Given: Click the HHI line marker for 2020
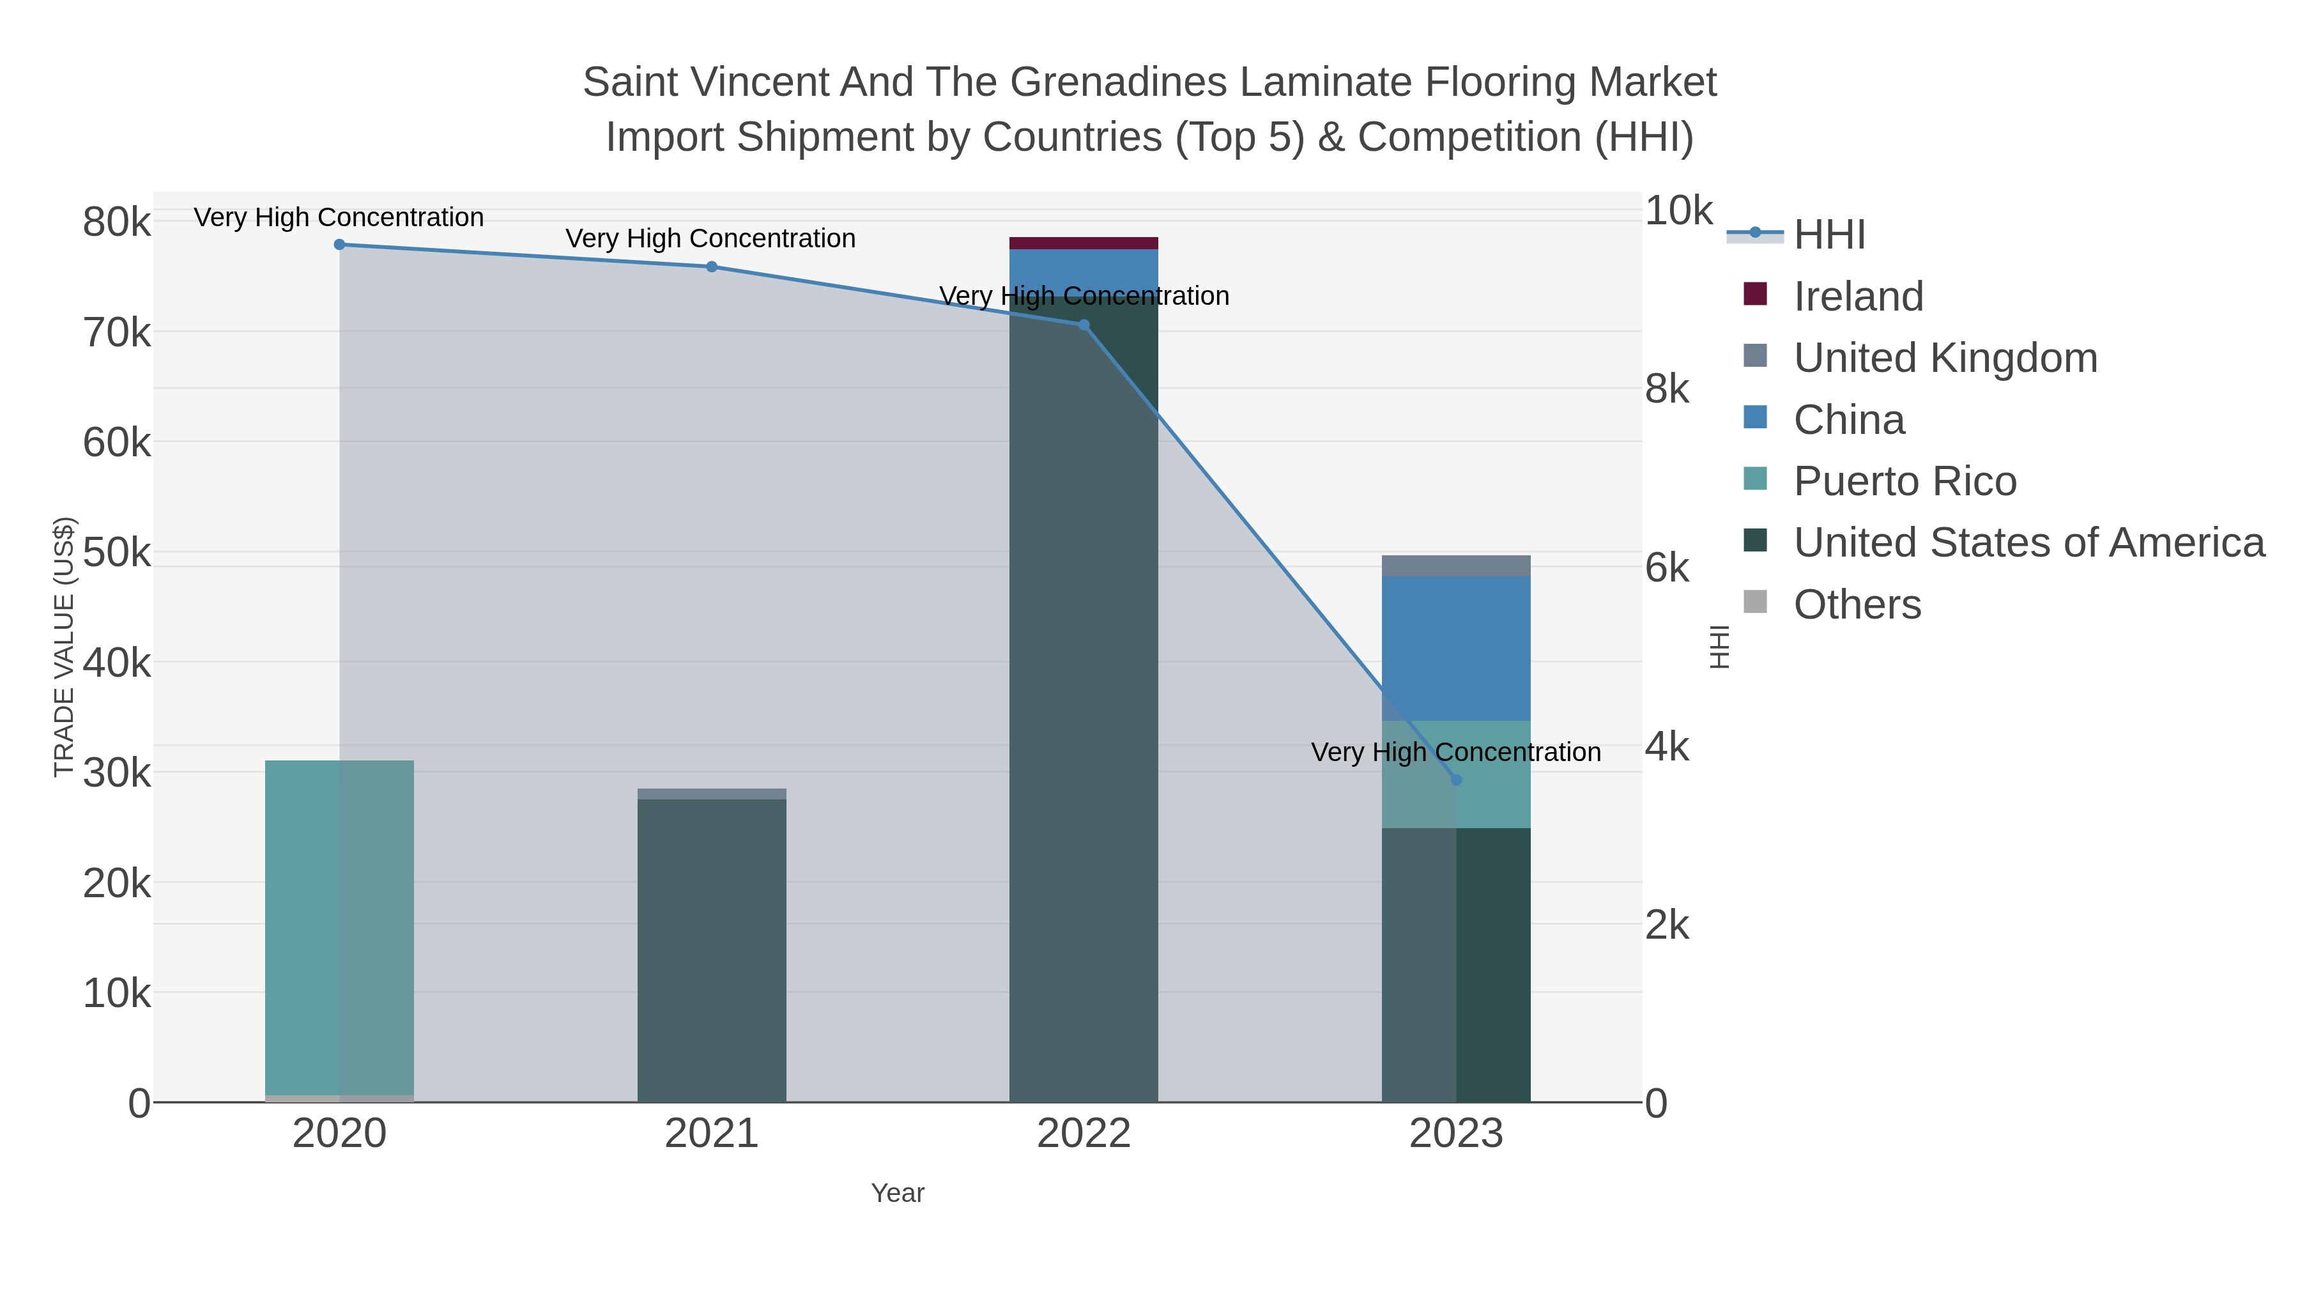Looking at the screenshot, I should point(339,245).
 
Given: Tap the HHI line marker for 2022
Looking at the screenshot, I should point(1084,325).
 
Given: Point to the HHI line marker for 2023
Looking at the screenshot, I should point(1456,780).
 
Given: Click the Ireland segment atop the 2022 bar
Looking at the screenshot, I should point(1084,243).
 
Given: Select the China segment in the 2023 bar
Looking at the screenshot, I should point(1456,647).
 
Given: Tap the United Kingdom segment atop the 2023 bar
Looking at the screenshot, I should point(1456,566).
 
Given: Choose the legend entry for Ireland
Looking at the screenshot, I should point(1858,297).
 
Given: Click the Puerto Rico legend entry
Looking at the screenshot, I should point(1905,481).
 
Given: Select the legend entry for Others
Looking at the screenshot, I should point(1857,605).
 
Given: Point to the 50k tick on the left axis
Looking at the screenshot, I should point(117,553).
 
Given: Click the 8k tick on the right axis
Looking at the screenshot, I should point(1667,389).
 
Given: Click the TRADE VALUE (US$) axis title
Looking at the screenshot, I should point(65,647).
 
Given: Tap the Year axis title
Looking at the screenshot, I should point(898,1193).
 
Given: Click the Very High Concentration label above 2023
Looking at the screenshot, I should point(1455,752).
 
